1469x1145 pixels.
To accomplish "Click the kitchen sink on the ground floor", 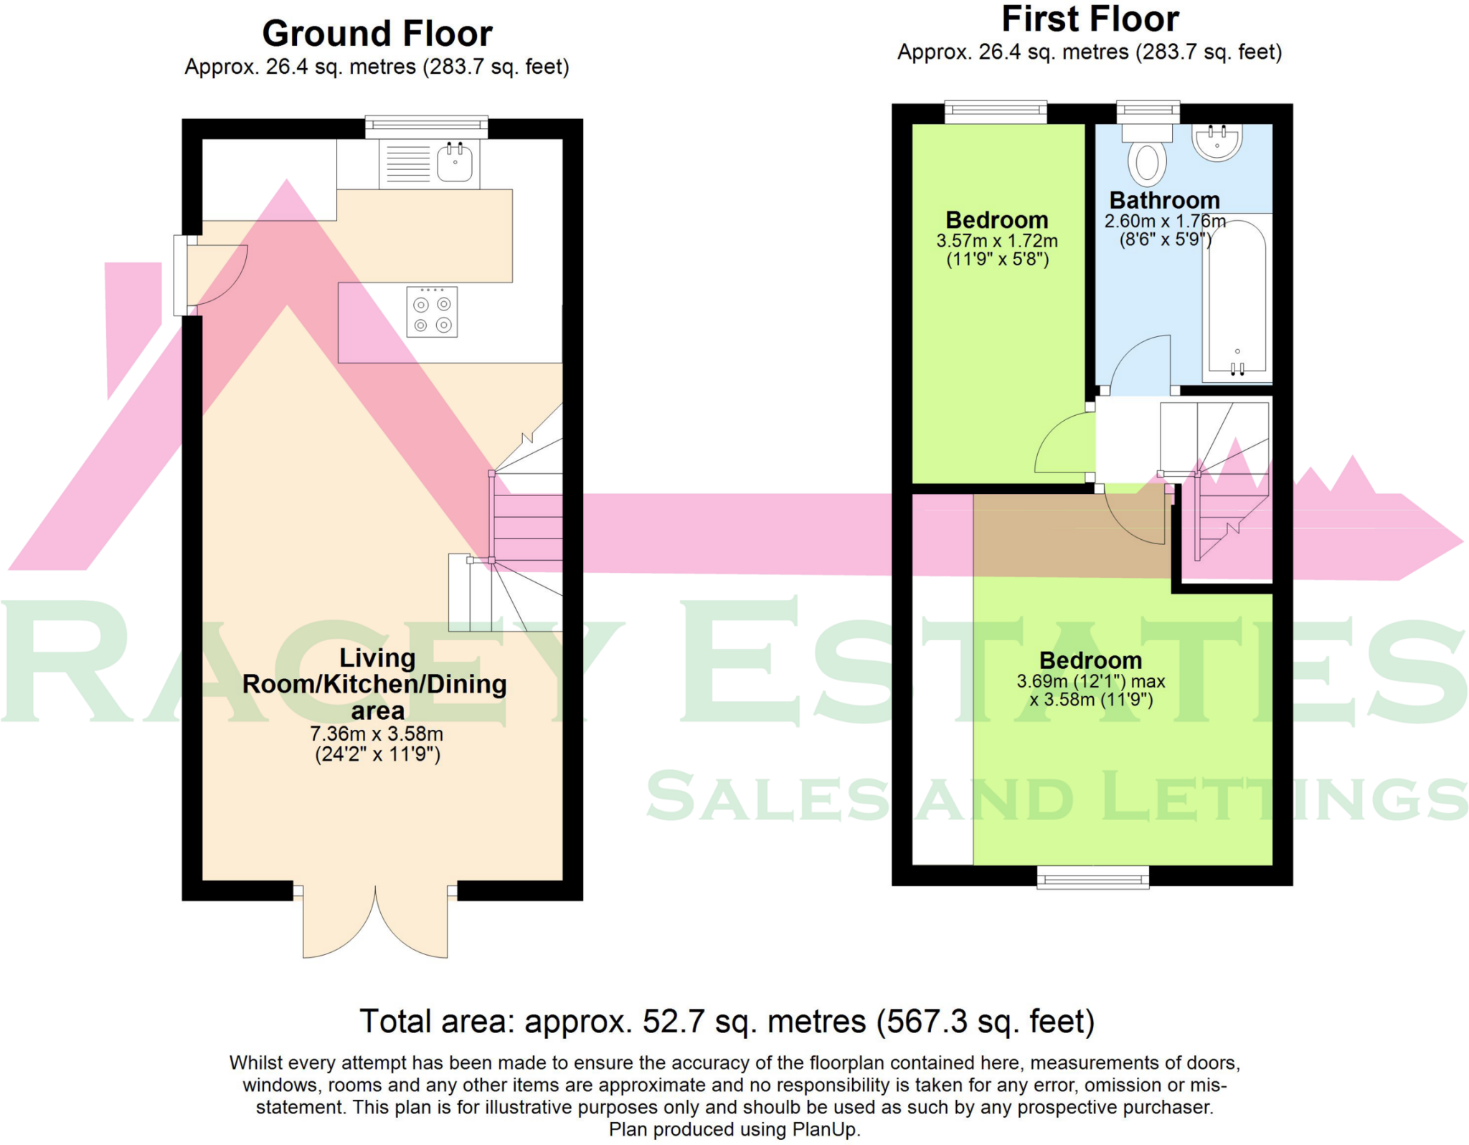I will [x=454, y=163].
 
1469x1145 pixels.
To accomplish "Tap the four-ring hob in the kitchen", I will [x=432, y=312].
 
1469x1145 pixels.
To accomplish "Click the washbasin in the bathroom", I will [x=1217, y=141].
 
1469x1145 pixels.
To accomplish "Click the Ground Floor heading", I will [x=377, y=34].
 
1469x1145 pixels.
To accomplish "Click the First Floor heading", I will [x=1090, y=19].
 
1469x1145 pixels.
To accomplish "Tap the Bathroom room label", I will [x=1164, y=200].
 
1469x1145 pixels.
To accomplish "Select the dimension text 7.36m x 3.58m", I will [x=377, y=734].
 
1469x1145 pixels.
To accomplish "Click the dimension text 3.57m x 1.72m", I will [x=996, y=241].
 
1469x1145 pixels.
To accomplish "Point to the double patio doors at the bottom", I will [x=375, y=925].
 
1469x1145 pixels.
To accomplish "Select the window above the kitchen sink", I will [x=426, y=127].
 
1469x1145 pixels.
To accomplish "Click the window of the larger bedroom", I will [x=1092, y=877].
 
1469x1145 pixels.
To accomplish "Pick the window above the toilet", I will [x=1148, y=111].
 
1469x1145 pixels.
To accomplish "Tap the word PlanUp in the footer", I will [x=824, y=1130].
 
